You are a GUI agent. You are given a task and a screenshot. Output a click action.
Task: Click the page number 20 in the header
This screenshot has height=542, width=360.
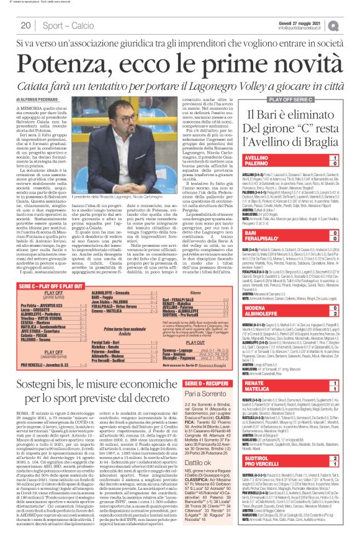(25, 25)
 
